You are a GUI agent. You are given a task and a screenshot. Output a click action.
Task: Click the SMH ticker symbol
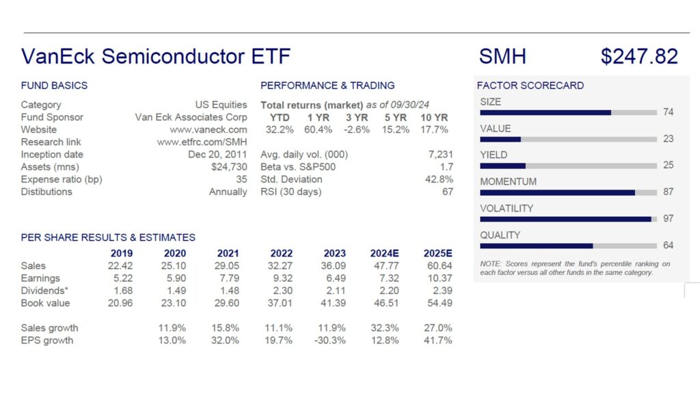point(502,56)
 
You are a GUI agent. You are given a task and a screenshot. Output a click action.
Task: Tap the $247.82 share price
point(639,56)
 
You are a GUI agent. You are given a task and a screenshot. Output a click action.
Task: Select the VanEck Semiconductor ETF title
point(156,56)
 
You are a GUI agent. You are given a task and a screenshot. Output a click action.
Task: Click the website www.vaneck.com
point(208,129)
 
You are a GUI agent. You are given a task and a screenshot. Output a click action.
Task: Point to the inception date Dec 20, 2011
point(217,155)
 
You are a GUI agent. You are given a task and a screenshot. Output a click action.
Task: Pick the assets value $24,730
point(229,167)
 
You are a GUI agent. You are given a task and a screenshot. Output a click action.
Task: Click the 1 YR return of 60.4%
point(319,129)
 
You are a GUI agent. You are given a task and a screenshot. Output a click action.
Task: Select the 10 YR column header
point(434,118)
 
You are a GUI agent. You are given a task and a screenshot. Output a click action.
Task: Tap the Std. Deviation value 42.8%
point(439,179)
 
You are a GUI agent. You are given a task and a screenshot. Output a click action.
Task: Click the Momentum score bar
point(568,192)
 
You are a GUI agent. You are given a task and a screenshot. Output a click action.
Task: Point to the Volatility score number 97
point(669,218)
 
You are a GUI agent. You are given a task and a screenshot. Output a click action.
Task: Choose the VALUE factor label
point(496,129)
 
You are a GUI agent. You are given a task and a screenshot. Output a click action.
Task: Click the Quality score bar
point(568,246)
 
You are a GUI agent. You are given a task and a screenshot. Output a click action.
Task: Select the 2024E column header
point(385,253)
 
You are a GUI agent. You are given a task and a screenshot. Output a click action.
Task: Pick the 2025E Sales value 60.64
point(440,266)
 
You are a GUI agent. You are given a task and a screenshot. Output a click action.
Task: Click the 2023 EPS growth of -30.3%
point(330,341)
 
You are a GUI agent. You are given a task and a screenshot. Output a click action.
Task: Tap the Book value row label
point(45,303)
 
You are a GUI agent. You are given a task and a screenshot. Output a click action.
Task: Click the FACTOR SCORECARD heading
point(530,86)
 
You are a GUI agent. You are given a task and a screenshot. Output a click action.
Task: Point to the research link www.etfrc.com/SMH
point(202,142)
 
